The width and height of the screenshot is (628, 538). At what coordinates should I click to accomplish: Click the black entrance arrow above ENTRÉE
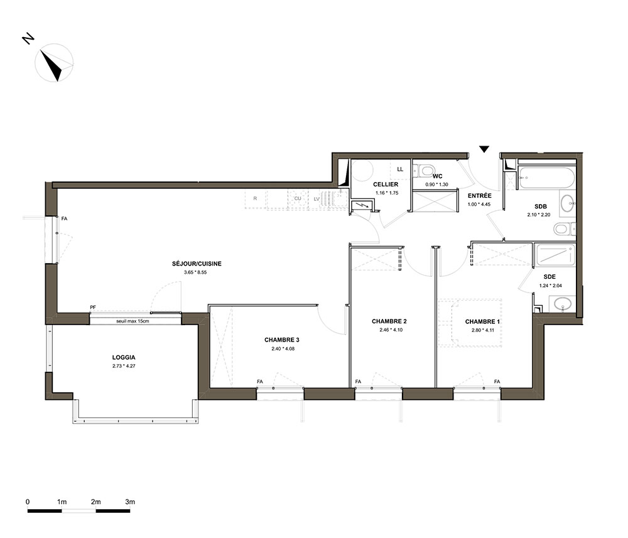[484, 149]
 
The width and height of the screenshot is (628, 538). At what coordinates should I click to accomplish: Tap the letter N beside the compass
[28, 38]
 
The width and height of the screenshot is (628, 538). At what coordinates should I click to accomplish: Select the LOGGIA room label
[124, 357]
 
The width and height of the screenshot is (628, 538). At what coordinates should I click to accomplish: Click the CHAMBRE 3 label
[281, 340]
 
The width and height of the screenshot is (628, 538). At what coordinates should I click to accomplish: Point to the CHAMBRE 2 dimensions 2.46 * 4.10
[391, 330]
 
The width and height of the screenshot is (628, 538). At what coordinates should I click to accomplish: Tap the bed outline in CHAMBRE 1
[470, 322]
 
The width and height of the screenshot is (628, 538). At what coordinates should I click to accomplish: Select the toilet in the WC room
[423, 171]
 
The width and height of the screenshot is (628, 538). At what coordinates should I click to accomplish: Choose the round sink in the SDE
[563, 304]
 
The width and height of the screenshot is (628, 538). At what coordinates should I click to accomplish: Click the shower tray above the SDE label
[555, 255]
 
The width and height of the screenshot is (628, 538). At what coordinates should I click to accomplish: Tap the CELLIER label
[386, 185]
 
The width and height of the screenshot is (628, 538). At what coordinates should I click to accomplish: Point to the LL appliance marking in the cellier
[400, 169]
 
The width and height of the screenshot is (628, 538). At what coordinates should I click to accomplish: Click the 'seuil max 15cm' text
[133, 321]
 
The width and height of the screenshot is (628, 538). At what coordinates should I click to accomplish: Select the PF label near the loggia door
[93, 308]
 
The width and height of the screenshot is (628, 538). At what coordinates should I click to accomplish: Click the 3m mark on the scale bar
[130, 502]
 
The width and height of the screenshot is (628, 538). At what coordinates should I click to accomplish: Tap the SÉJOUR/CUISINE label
[197, 264]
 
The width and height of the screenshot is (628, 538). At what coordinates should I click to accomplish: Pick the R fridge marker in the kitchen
[255, 198]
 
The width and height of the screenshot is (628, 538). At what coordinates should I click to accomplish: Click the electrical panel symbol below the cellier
[362, 206]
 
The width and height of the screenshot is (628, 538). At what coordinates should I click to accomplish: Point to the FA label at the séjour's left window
[64, 219]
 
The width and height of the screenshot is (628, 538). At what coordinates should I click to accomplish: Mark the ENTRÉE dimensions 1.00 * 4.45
[479, 204]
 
